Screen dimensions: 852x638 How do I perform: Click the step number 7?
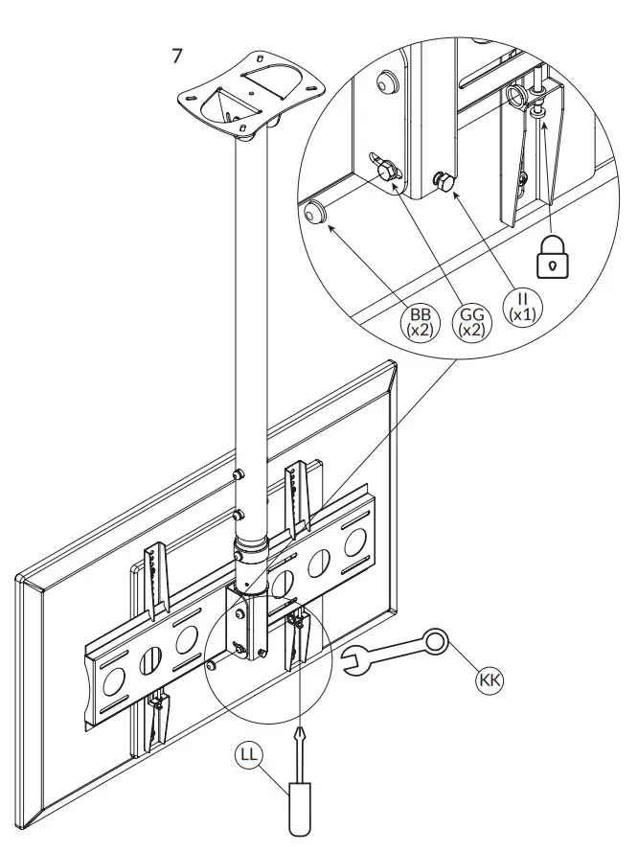coord(176,56)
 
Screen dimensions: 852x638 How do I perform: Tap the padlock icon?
coord(552,258)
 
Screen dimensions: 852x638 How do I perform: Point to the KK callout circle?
coord(490,679)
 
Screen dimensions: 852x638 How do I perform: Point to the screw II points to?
coord(444,179)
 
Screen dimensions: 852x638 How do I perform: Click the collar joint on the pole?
coord(251,552)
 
